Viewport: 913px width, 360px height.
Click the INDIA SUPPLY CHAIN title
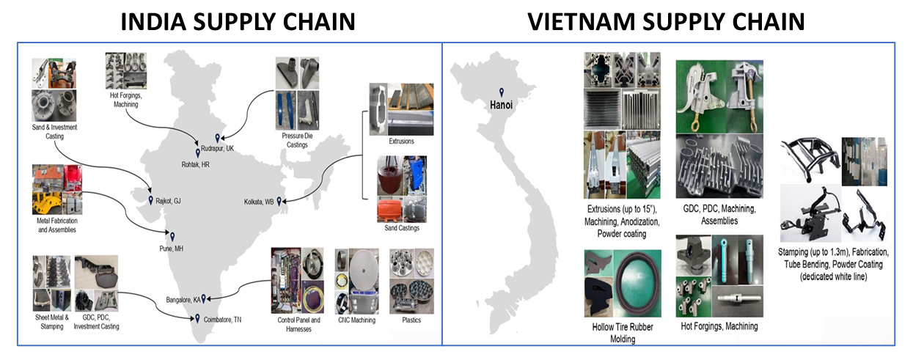(238, 21)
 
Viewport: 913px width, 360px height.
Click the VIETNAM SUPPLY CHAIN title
(667, 21)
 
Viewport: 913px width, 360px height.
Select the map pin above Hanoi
(502, 92)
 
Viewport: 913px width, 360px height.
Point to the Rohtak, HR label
(200, 164)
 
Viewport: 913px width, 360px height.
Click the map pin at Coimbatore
(197, 317)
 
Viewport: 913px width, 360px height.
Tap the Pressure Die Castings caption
(298, 140)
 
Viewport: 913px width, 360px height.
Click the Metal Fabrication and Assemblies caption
(56, 225)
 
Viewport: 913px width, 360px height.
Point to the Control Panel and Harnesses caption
(296, 324)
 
